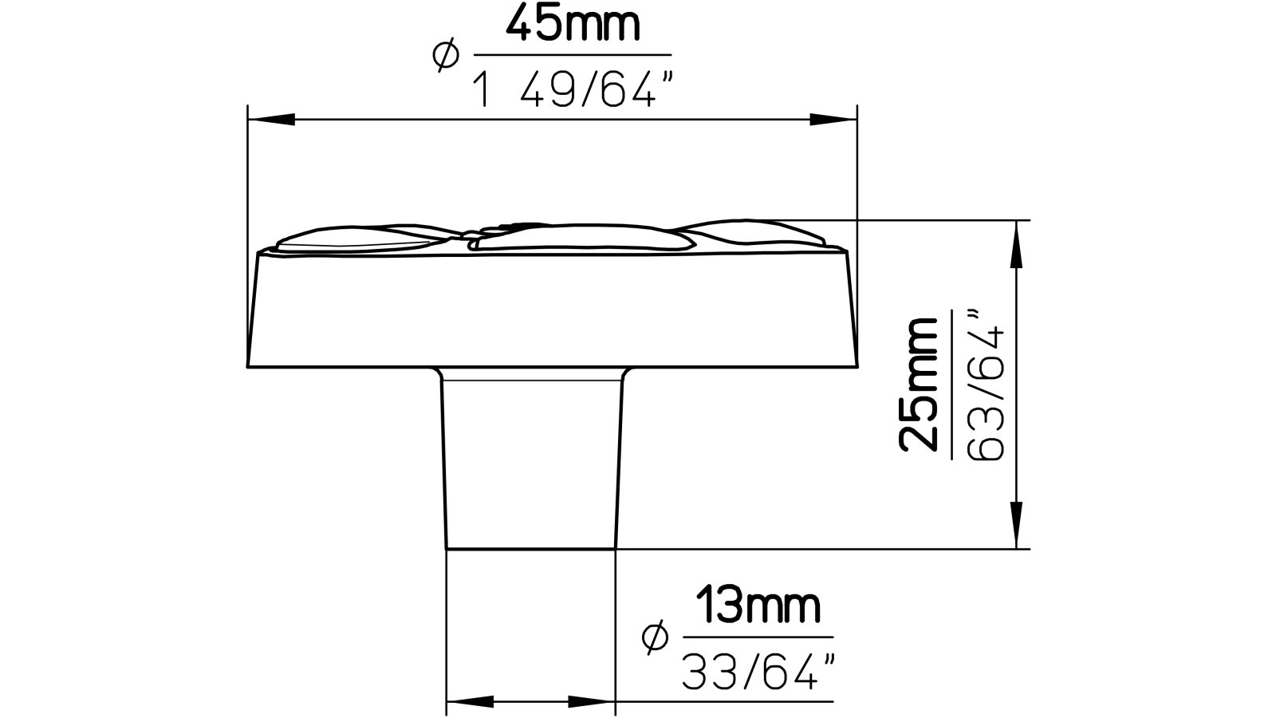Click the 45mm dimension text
click(573, 26)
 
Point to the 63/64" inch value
click(987, 387)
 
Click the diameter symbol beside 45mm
click(445, 55)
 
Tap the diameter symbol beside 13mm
click(654, 637)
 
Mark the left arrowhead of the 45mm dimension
click(271, 120)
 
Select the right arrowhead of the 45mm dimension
click(833, 120)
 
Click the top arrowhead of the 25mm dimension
click(1016, 243)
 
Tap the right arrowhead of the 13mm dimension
click(592, 703)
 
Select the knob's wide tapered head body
click(552, 311)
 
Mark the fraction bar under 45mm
click(573, 55)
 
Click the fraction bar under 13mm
click(758, 638)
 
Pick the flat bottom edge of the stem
click(531, 549)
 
